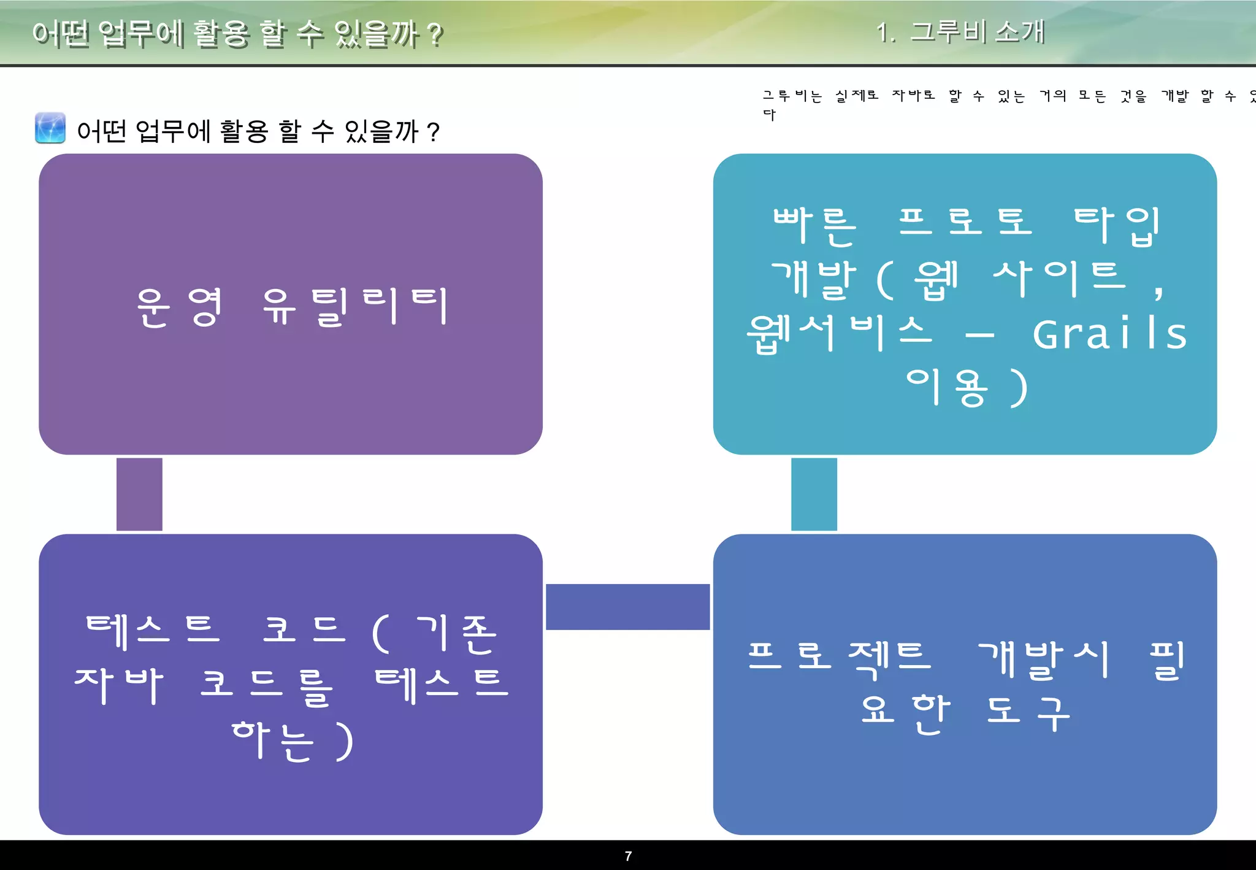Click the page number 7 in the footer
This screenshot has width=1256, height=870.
coord(628,856)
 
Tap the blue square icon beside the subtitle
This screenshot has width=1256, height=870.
coord(50,128)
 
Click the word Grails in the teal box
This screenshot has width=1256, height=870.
coord(1110,334)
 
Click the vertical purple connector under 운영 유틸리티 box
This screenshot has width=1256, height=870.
coord(139,494)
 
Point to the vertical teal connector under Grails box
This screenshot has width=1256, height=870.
coord(814,494)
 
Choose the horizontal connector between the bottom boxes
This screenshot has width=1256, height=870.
coord(627,607)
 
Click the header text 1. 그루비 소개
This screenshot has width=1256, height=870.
coord(960,32)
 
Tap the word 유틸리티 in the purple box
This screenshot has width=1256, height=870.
coord(356,306)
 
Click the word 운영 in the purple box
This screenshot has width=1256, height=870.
coord(179,306)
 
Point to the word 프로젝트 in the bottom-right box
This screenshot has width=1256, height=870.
coord(839,658)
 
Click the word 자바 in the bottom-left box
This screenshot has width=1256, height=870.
coord(119,685)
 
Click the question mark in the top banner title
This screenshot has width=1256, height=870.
coord(435,35)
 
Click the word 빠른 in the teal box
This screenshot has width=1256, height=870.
coord(814,225)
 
